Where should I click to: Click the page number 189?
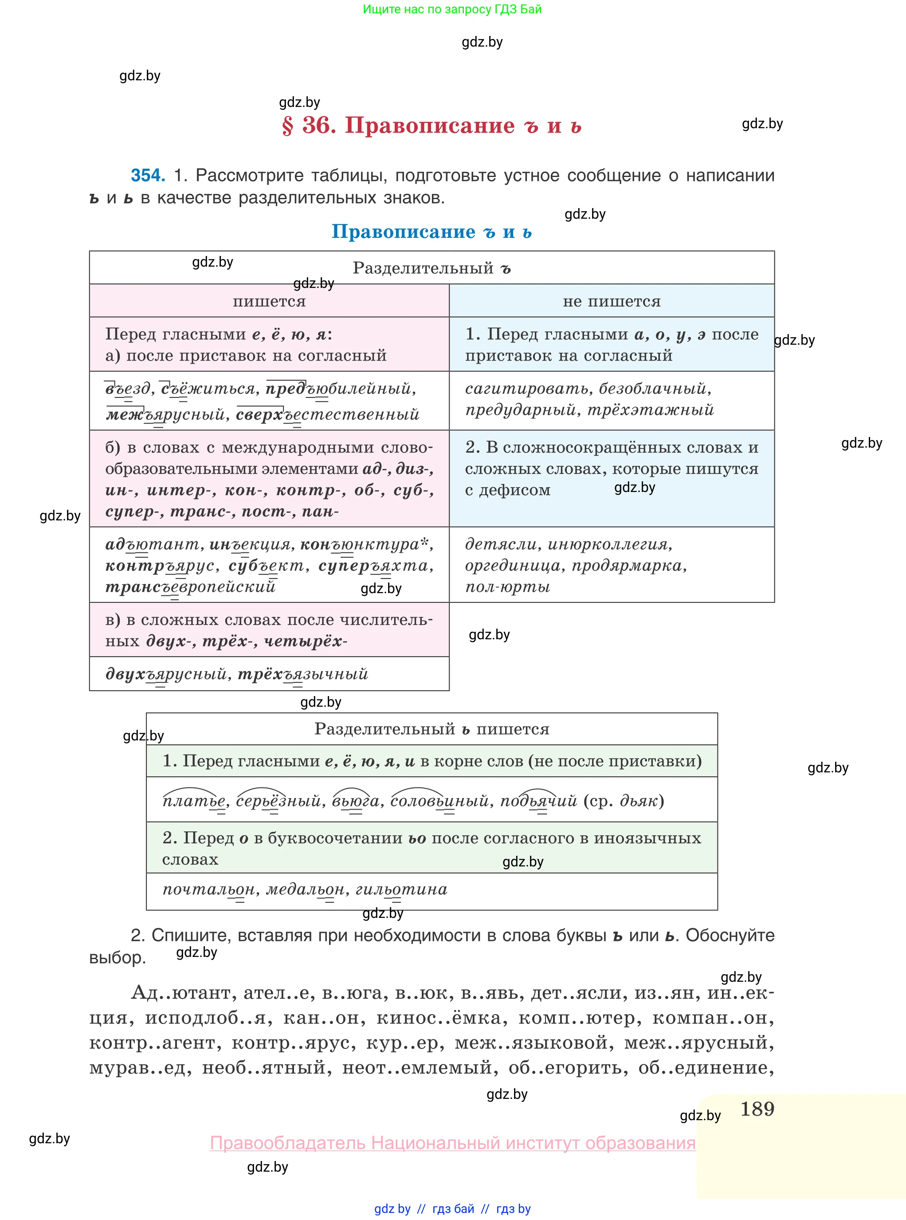pos(757,1109)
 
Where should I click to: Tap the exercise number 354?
pos(148,176)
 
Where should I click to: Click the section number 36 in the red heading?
pos(319,126)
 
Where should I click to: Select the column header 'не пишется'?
pos(612,301)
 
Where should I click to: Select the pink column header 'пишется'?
pos(269,301)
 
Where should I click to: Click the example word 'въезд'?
pos(128,389)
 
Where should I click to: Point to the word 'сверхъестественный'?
pos(327,414)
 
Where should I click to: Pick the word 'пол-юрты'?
pos(507,587)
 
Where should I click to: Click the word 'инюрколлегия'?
pos(609,544)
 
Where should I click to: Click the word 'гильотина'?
pos(401,889)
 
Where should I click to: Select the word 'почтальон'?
pos(209,889)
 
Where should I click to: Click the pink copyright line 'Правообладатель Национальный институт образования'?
pos(452,1143)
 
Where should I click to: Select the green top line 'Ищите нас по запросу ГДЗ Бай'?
pos(452,9)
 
